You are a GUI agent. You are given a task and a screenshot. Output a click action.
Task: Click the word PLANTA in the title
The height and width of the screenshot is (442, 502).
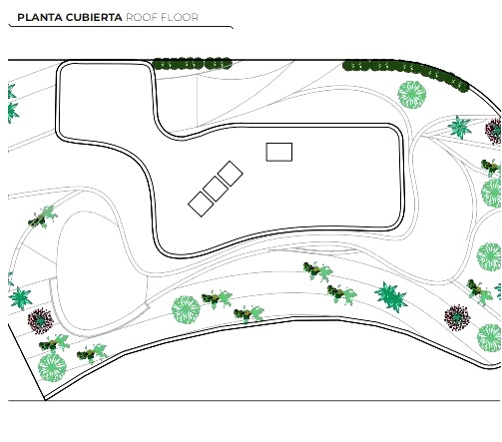coord(40,17)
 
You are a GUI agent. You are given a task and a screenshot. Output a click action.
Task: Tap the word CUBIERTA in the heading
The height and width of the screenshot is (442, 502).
coord(94,17)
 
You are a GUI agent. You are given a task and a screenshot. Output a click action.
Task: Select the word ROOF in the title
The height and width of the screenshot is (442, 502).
coord(142,17)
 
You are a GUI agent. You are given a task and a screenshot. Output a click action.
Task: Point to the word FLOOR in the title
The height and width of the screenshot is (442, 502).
coord(180,17)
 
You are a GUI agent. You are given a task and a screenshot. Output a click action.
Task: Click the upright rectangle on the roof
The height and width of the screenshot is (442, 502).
coord(279,152)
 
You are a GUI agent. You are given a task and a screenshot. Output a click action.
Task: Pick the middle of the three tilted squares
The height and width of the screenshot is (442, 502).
coord(216,189)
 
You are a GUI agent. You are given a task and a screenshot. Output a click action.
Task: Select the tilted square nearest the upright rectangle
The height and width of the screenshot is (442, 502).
coord(231,174)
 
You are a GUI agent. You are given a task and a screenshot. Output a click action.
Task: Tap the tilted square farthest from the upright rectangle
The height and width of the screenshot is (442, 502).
coord(201,204)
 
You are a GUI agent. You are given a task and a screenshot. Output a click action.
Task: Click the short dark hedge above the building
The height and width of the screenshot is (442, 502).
coord(193,64)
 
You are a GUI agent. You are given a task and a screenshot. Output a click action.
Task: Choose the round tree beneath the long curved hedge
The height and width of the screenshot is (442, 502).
coord(412,95)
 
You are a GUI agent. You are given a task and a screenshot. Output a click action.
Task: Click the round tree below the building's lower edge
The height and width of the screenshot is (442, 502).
coord(186,309)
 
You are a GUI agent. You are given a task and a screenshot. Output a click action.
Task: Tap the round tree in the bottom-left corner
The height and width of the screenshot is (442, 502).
coord(52,368)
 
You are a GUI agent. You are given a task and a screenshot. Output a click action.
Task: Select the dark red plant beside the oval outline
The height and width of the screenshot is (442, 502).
coord(40,321)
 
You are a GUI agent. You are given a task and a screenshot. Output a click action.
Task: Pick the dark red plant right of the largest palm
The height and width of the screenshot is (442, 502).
coord(457,317)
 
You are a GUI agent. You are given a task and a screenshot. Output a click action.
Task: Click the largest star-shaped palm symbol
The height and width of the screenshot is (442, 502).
coord(391,296)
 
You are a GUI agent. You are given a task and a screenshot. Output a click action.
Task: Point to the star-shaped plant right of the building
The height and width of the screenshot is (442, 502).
coord(460,127)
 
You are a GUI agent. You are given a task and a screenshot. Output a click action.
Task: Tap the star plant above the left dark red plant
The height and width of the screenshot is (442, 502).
coord(21,298)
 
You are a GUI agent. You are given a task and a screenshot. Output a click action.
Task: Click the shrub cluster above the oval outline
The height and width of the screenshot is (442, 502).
coord(43,217)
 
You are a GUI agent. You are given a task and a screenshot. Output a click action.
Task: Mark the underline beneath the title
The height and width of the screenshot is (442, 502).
coord(121,26)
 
